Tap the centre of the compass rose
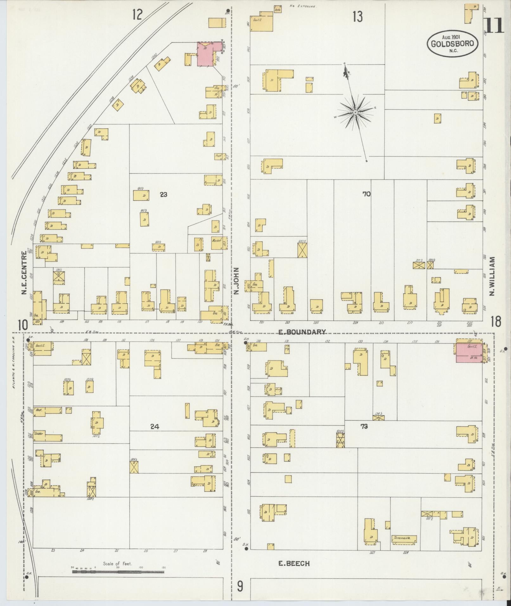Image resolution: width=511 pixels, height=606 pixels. [x=355, y=112]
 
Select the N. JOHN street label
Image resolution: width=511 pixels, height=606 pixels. [x=236, y=281]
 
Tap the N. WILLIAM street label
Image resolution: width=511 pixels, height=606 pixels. [x=492, y=276]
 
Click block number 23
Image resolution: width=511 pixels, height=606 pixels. [x=163, y=195]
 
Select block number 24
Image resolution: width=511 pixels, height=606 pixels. [x=155, y=426]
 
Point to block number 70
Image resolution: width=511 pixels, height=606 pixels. [x=366, y=194]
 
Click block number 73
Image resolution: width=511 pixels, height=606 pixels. [x=364, y=426]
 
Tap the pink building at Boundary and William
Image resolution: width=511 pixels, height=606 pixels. [x=469, y=353]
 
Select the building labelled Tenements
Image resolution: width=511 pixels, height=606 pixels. [x=403, y=538]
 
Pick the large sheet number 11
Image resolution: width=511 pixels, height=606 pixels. [x=494, y=26]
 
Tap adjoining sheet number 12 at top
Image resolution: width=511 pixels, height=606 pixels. [x=137, y=15]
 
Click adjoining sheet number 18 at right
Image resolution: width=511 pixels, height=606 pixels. [x=496, y=322]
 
